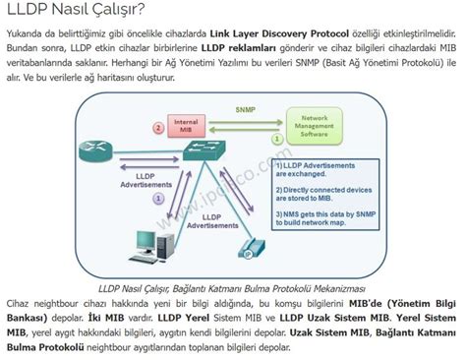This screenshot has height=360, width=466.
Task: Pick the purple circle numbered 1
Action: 157,199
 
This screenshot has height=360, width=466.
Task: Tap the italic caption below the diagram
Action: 232,288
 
